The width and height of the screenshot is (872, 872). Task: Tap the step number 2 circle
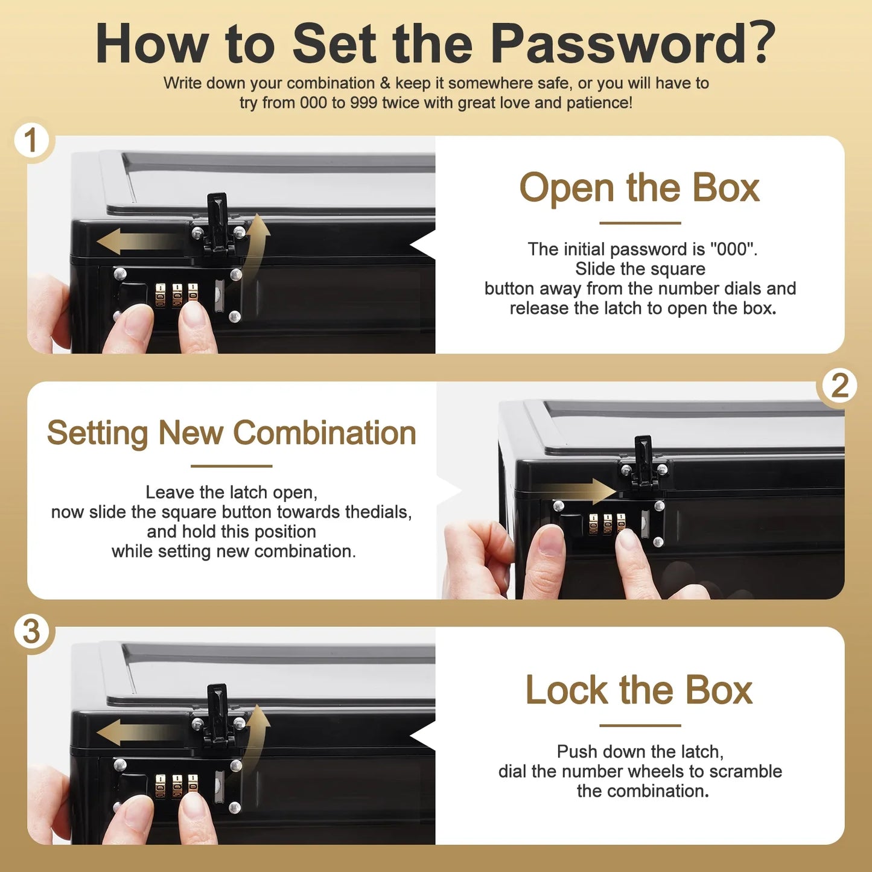pyautogui.click(x=841, y=386)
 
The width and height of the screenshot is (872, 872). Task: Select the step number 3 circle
pyautogui.click(x=31, y=631)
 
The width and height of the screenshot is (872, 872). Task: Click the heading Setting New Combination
pyautogui.click(x=232, y=433)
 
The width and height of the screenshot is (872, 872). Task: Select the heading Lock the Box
pyautogui.click(x=640, y=691)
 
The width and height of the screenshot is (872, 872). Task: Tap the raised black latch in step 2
pyautogui.click(x=643, y=462)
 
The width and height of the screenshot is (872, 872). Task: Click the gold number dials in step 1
pyautogui.click(x=177, y=296)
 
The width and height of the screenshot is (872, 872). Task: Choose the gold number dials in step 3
pyautogui.click(x=177, y=787)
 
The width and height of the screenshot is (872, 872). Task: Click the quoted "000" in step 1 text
pyautogui.click(x=732, y=249)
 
